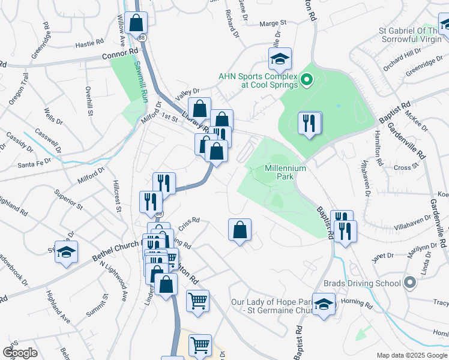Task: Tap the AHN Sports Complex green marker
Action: point(306,79)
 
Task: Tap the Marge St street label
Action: point(273,24)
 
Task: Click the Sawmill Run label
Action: point(139,80)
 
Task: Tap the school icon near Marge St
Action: point(280,59)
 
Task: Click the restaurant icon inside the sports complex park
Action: point(309,123)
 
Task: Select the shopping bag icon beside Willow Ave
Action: point(137,23)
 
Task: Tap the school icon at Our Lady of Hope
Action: point(324,304)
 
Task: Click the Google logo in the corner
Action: point(20,352)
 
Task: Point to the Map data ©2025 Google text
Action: point(412,355)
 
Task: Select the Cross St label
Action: point(405,169)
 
